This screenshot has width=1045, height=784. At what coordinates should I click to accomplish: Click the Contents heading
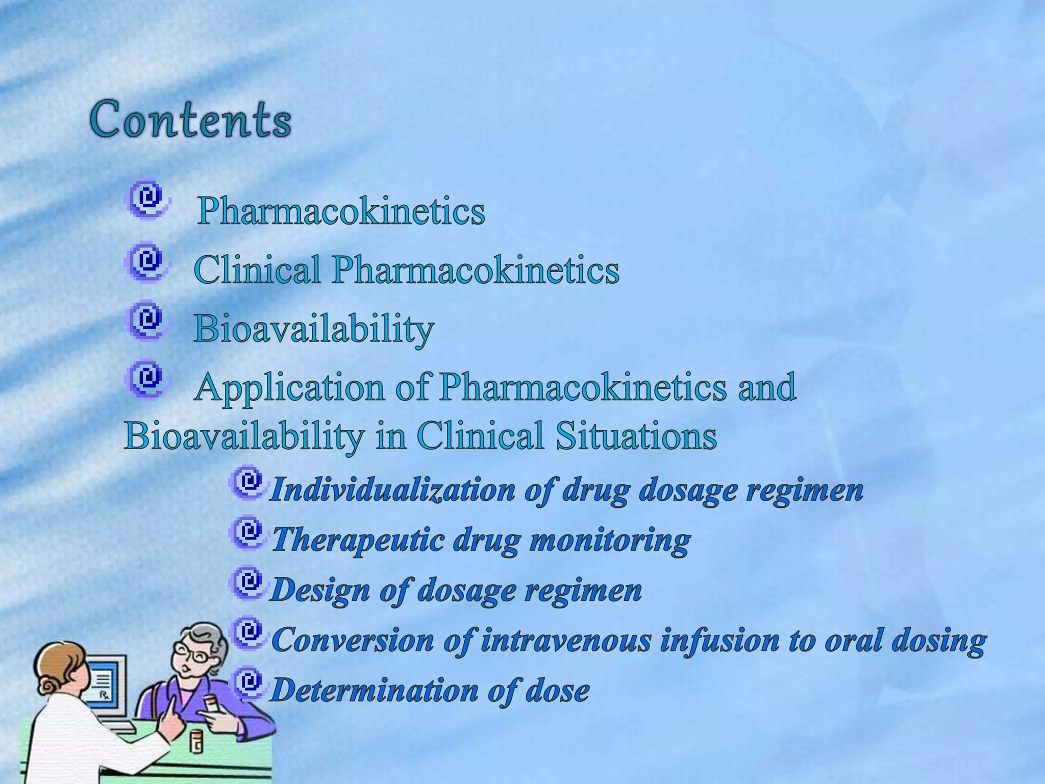coord(191,119)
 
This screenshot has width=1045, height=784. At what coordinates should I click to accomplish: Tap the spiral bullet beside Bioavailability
coord(146,321)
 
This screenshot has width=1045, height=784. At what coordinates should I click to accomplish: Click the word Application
coord(290,388)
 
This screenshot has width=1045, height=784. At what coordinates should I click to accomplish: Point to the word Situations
coord(636,436)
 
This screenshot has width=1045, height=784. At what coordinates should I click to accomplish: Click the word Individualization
coord(393,490)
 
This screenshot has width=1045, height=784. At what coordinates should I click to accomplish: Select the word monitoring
coord(610,540)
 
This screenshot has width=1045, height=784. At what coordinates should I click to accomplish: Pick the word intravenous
coord(566,640)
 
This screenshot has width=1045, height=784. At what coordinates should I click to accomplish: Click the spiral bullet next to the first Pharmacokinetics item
coord(146,199)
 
